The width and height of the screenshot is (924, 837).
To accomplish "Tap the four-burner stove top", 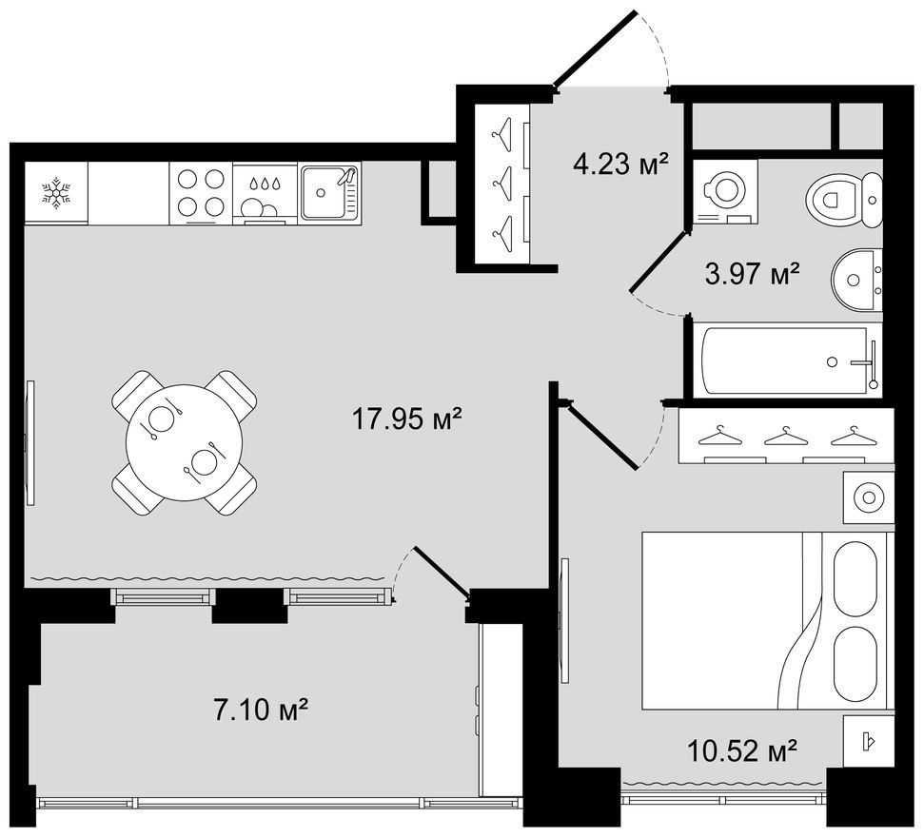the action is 201,193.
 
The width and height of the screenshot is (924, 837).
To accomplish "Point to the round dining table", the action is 185,442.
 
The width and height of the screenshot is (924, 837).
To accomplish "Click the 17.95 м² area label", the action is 406,418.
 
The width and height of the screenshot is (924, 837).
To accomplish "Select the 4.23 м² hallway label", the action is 619,164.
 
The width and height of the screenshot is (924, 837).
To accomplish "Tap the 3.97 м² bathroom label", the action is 752,273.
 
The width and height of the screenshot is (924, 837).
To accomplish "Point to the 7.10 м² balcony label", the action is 261,710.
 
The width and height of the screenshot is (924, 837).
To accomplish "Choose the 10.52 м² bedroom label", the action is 742,750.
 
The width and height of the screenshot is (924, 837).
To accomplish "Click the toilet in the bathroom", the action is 843,200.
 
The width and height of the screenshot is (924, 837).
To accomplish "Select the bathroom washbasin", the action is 857,280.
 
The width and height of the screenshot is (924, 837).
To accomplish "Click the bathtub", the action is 787,360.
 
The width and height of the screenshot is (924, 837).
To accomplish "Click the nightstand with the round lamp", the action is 869,497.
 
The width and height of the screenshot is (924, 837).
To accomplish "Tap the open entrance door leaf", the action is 595,49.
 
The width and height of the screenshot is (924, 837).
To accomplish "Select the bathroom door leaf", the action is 659,261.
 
